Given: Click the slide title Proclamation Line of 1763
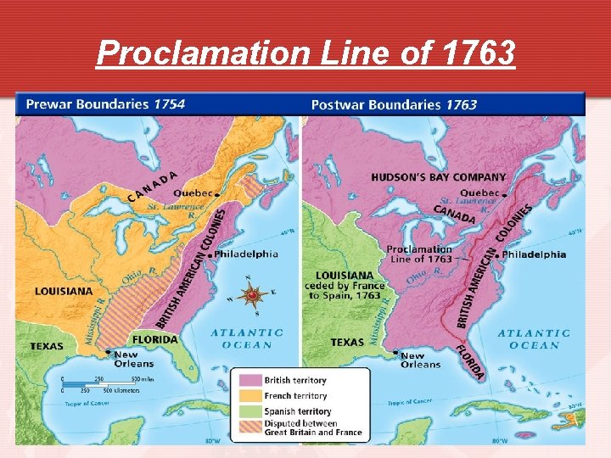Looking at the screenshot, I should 305,53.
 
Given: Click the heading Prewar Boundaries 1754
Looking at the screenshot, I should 105,104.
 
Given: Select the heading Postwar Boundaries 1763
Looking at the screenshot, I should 394,105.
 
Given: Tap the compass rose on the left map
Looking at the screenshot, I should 252,294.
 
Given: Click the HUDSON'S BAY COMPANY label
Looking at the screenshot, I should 438,177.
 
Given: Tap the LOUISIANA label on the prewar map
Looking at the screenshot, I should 64,291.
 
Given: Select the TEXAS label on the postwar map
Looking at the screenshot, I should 347,343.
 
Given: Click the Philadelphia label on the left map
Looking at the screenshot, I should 246,254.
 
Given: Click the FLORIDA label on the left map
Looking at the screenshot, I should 154,339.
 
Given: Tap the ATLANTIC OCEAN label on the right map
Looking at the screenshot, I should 533,339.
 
